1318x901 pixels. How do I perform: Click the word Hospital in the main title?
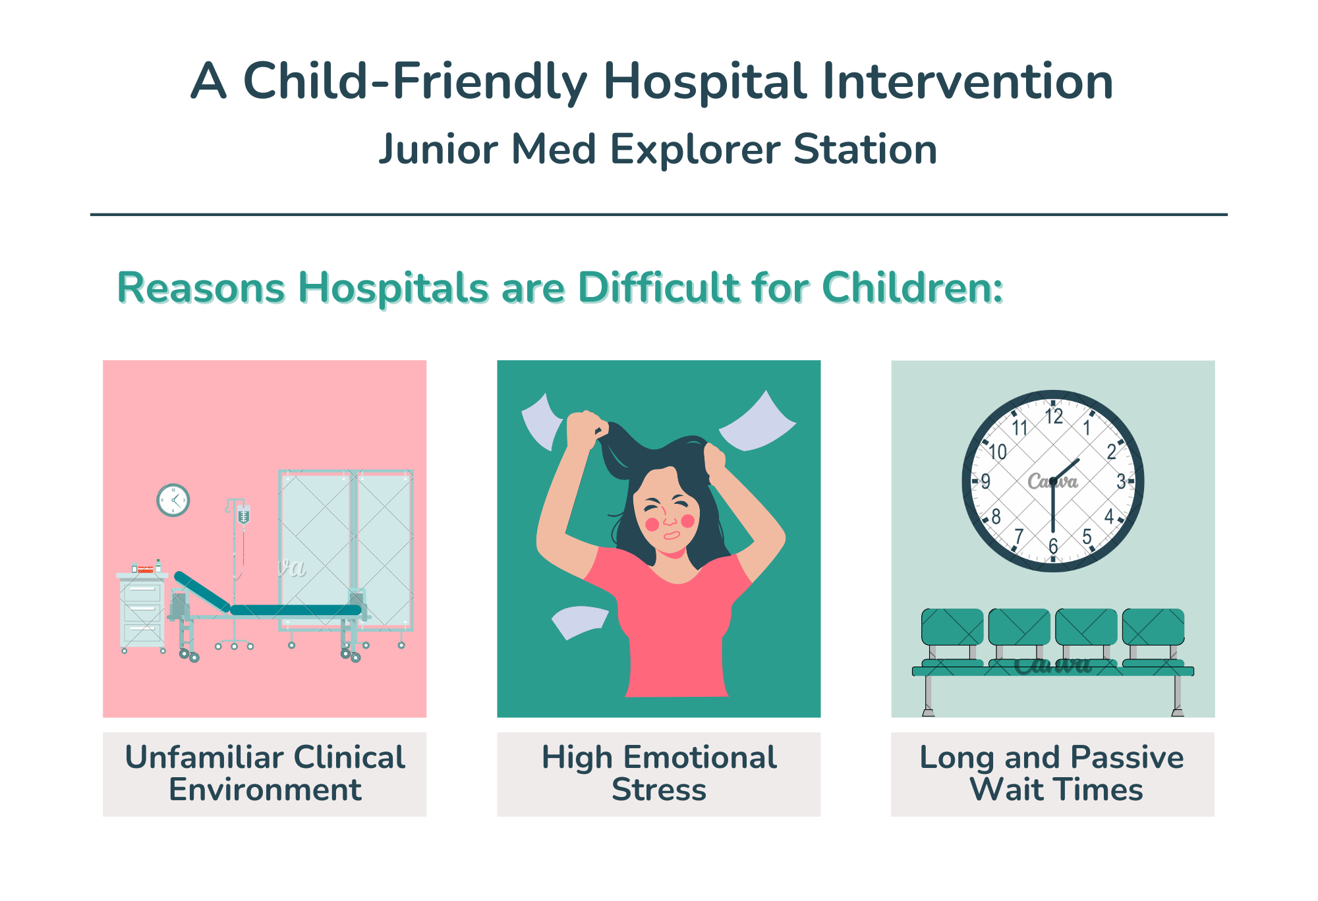tap(704, 82)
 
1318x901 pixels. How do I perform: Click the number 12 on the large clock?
tap(1054, 416)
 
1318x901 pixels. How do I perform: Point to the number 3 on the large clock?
tap(1121, 481)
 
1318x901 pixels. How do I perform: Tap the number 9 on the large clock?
tap(986, 481)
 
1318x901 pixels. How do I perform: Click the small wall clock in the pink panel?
tap(173, 501)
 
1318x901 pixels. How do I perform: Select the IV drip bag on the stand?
tap(244, 516)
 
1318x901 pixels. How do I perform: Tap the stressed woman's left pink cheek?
tap(652, 524)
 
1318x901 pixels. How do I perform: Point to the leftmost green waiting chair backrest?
tap(952, 627)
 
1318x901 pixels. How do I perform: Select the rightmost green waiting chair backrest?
tap(1153, 627)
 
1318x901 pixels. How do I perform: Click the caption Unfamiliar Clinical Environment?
tap(265, 773)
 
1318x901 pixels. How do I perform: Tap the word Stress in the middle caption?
tap(659, 789)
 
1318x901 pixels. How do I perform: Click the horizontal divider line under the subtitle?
tap(659, 214)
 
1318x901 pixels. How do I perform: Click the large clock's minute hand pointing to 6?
tap(1053, 506)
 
